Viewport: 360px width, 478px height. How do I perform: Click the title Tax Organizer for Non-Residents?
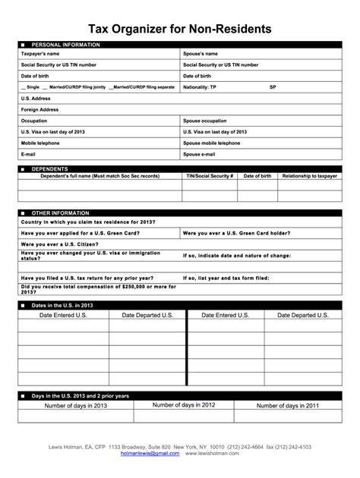[179, 30]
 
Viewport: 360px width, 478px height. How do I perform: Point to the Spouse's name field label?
[201, 55]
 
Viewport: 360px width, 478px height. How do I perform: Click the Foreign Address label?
[39, 109]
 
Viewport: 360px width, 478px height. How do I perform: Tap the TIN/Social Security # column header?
[210, 175]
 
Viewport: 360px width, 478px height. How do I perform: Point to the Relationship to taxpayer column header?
[308, 175]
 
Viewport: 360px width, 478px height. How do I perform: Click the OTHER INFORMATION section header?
[62, 213]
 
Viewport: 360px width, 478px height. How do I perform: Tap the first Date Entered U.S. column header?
[63, 314]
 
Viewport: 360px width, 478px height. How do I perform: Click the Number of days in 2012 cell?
[184, 405]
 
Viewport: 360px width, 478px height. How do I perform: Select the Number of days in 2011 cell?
[287, 406]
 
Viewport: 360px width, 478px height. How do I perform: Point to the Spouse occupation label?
[204, 121]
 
